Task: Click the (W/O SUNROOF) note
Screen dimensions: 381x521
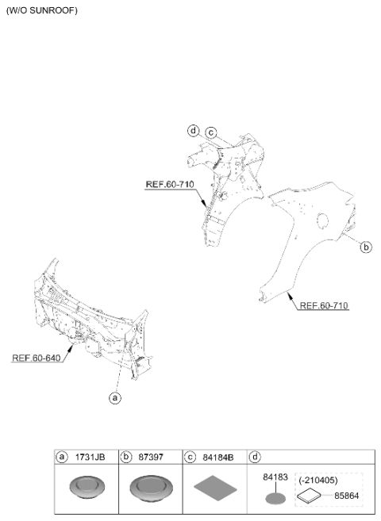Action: [x=42, y=10]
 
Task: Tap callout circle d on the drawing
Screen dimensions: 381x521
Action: [x=193, y=131]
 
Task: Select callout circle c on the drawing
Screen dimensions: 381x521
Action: [x=211, y=133]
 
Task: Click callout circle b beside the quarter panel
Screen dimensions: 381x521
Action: [x=366, y=247]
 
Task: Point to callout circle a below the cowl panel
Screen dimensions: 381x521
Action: [x=115, y=397]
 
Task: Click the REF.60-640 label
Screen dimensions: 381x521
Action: [x=37, y=358]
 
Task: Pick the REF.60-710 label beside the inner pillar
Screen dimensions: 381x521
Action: [x=170, y=184]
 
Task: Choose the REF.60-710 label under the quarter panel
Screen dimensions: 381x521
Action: [x=324, y=305]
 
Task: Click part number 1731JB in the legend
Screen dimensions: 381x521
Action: [x=90, y=458]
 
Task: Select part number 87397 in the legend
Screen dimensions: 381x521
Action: [x=151, y=458]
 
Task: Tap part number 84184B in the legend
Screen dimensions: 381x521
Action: [x=218, y=458]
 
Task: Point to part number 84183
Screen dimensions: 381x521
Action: [x=275, y=477]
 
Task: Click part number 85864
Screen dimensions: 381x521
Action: [x=346, y=496]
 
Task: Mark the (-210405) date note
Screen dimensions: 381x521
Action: [x=317, y=480]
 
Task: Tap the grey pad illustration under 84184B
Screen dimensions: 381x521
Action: [x=215, y=488]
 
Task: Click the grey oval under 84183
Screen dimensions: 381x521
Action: [x=275, y=499]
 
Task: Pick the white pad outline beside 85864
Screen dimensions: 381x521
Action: [x=310, y=496]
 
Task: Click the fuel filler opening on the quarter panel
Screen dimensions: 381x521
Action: [x=322, y=220]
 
